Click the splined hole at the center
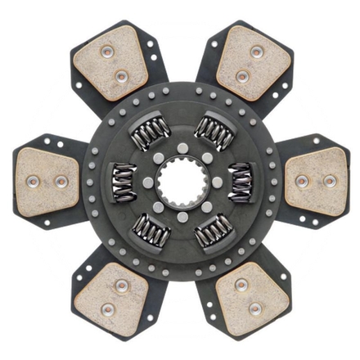coord(180,180)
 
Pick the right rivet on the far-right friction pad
coord(329,180)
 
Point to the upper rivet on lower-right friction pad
coord(241,284)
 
